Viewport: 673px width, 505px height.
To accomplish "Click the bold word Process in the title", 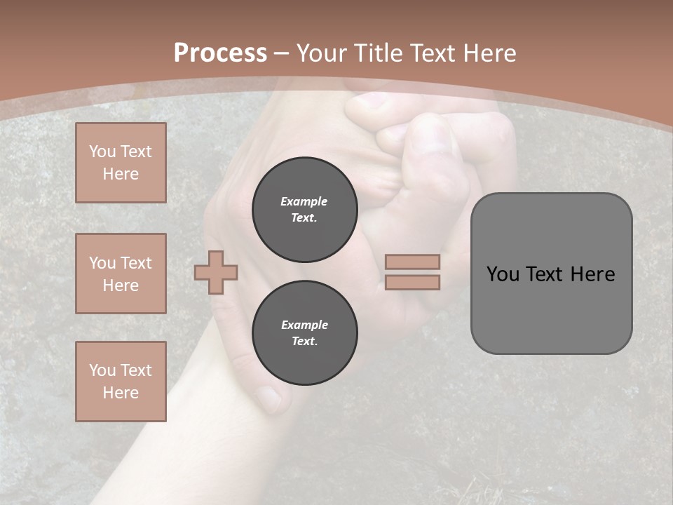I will (x=220, y=53).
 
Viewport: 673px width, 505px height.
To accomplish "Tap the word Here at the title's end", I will (x=487, y=53).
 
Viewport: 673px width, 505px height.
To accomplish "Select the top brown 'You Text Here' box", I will (x=121, y=163).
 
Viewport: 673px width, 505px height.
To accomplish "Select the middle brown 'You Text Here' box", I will (x=121, y=274).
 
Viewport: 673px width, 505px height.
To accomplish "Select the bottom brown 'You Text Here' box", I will (x=121, y=382).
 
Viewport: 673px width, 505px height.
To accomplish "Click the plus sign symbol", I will (x=216, y=272).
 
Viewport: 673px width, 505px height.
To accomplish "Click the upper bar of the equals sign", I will (x=412, y=262).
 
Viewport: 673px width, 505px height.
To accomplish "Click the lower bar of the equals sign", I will (x=412, y=282).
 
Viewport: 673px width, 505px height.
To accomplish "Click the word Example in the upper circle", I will (x=304, y=201).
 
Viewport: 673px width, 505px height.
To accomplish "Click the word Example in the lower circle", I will (x=304, y=325).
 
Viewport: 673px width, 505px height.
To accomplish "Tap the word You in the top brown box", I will (x=102, y=151).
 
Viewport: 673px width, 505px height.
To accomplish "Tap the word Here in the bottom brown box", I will (x=121, y=393).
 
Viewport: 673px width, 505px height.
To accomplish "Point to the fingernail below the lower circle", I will (x=268, y=398).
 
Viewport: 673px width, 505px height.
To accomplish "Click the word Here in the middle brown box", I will (x=121, y=285).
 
